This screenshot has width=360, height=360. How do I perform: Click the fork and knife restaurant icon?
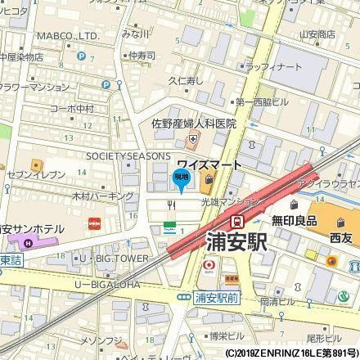point(172,205)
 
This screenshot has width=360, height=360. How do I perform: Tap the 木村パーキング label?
point(103,196)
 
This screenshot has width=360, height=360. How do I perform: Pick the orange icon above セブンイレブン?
point(35,164)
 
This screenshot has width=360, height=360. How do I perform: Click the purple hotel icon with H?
point(30,242)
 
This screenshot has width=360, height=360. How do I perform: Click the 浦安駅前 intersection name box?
point(218,299)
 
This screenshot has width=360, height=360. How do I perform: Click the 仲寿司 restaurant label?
point(142,56)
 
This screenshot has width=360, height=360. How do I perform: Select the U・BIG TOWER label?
point(106,259)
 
